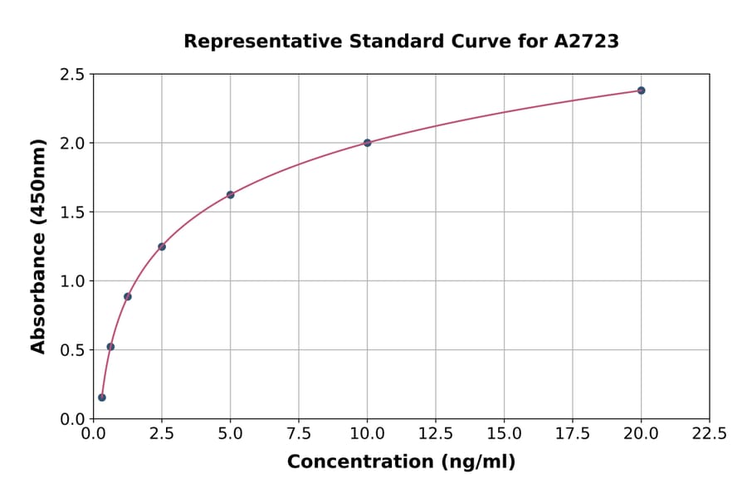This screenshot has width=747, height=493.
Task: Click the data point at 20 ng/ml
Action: [x=641, y=90]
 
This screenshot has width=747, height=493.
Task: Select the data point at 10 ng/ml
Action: [x=368, y=143]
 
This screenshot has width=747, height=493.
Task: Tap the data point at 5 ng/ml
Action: [x=231, y=195]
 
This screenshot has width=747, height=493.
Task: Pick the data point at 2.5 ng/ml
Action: [x=162, y=247]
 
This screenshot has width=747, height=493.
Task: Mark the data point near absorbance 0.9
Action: [x=128, y=296]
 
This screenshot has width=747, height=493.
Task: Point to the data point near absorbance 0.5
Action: [x=110, y=347]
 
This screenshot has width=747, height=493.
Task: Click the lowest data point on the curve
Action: [x=102, y=398]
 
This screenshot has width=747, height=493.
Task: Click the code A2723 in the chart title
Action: [x=586, y=41]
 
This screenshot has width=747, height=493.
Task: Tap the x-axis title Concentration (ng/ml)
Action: [x=401, y=462]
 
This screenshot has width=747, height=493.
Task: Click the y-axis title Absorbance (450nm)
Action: [x=38, y=246]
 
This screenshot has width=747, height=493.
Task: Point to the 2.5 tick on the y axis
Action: [x=71, y=75]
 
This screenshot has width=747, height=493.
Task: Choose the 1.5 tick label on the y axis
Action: [x=71, y=212]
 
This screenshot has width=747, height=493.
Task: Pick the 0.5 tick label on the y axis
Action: [x=71, y=350]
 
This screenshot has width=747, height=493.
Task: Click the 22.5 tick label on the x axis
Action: [x=710, y=433]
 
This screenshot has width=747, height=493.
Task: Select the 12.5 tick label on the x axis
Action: [x=436, y=433]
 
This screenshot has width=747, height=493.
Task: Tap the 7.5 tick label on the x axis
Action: [x=299, y=433]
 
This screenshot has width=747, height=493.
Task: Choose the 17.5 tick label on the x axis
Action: [x=573, y=433]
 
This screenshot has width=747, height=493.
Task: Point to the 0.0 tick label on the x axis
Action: [x=94, y=433]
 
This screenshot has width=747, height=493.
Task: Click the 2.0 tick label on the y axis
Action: [x=71, y=144]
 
